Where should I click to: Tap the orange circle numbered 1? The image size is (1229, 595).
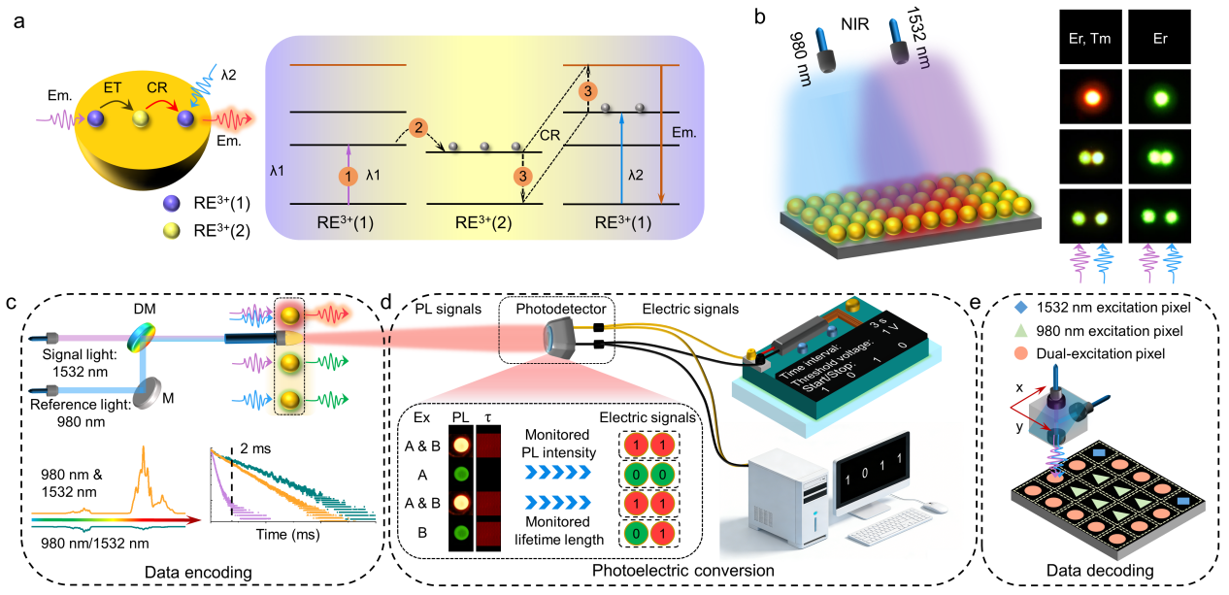click(349, 177)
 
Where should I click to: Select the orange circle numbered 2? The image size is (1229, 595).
click(416, 127)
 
